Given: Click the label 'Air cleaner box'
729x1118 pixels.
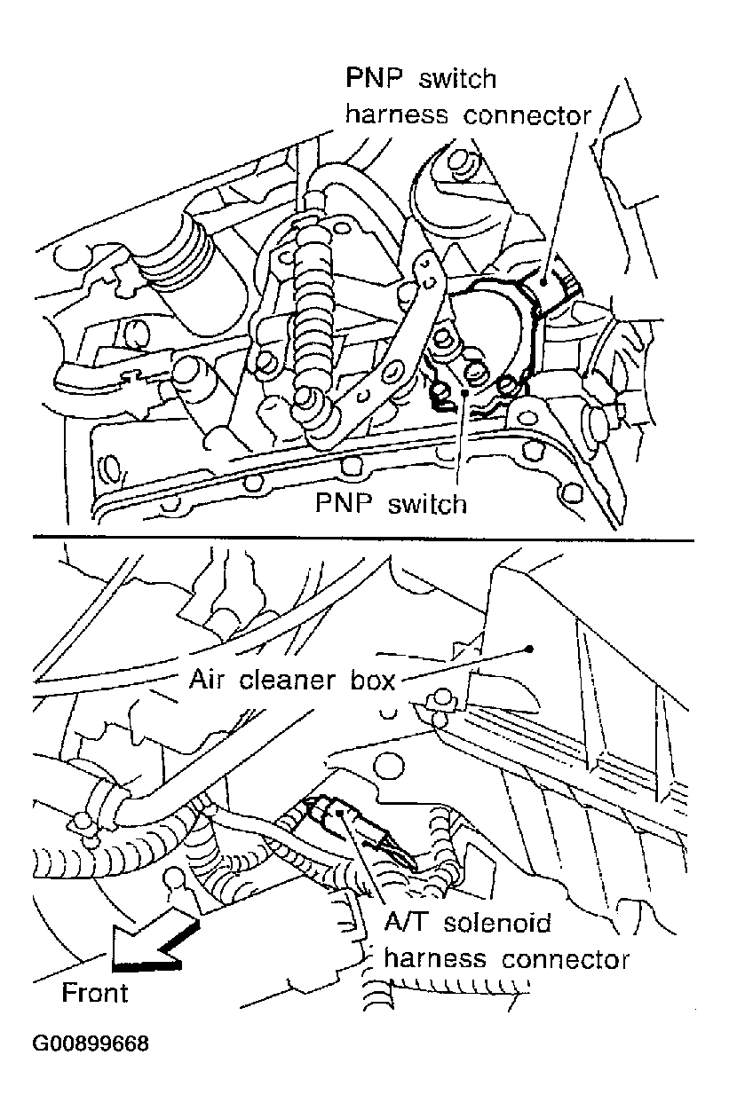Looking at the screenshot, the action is [292, 680].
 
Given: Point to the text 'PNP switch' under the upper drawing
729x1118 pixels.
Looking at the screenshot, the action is [391, 504].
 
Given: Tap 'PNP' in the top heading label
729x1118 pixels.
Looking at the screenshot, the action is [375, 78].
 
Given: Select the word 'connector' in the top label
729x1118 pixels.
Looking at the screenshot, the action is [527, 115].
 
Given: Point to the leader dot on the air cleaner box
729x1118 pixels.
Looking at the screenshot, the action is [529, 649].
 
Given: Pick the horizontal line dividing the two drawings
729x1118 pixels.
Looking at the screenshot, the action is [363, 539].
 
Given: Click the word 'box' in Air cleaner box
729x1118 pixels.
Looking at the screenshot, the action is [373, 680].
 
